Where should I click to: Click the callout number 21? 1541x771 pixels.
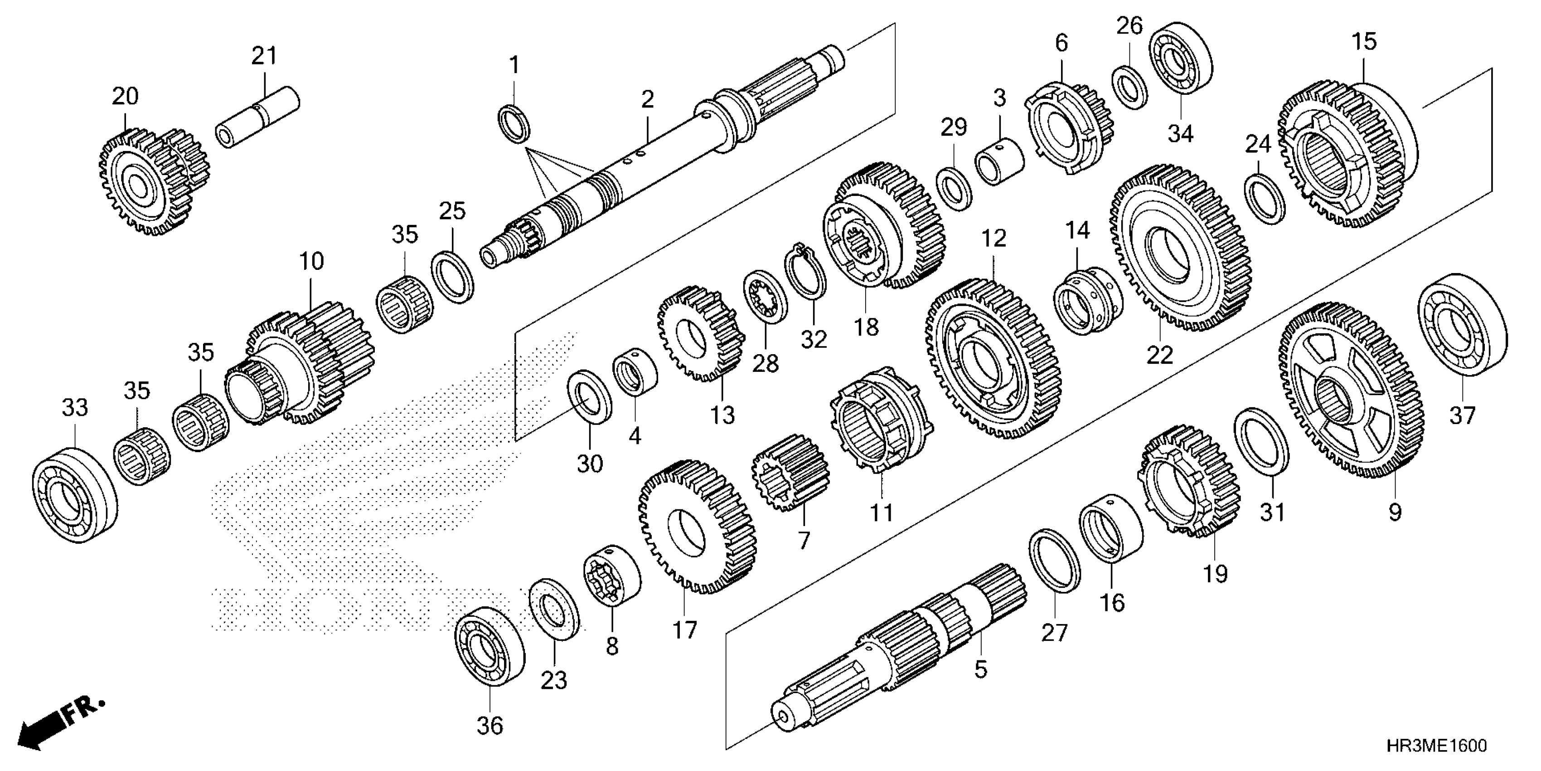tap(264, 56)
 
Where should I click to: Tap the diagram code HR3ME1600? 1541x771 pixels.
tap(1436, 746)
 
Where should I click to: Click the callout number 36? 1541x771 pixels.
tap(489, 726)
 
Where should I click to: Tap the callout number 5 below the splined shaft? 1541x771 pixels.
tap(980, 669)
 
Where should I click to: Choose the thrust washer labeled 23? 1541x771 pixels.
tap(554, 609)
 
